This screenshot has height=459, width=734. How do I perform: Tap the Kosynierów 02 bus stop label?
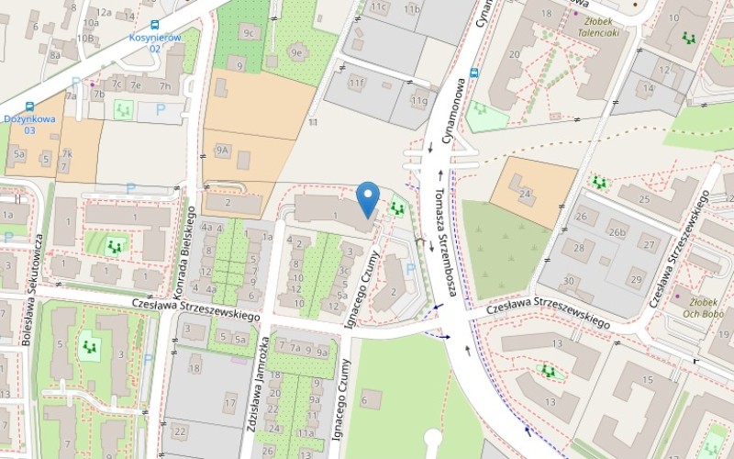point(155,42)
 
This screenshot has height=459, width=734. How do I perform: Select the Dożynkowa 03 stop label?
point(29,124)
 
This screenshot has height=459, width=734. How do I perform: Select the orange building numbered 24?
point(525,195)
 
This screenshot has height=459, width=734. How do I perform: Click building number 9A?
point(222,150)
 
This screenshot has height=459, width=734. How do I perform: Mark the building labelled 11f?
point(356,84)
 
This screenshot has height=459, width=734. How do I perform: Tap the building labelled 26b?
point(616,233)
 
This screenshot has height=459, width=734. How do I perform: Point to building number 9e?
point(296,53)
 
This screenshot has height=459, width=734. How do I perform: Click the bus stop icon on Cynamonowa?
point(473,72)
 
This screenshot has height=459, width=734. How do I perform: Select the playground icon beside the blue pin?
point(397,208)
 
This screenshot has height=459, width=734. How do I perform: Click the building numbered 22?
point(179,431)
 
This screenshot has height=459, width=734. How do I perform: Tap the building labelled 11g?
point(419,101)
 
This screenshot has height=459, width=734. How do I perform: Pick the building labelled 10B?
point(85,39)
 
